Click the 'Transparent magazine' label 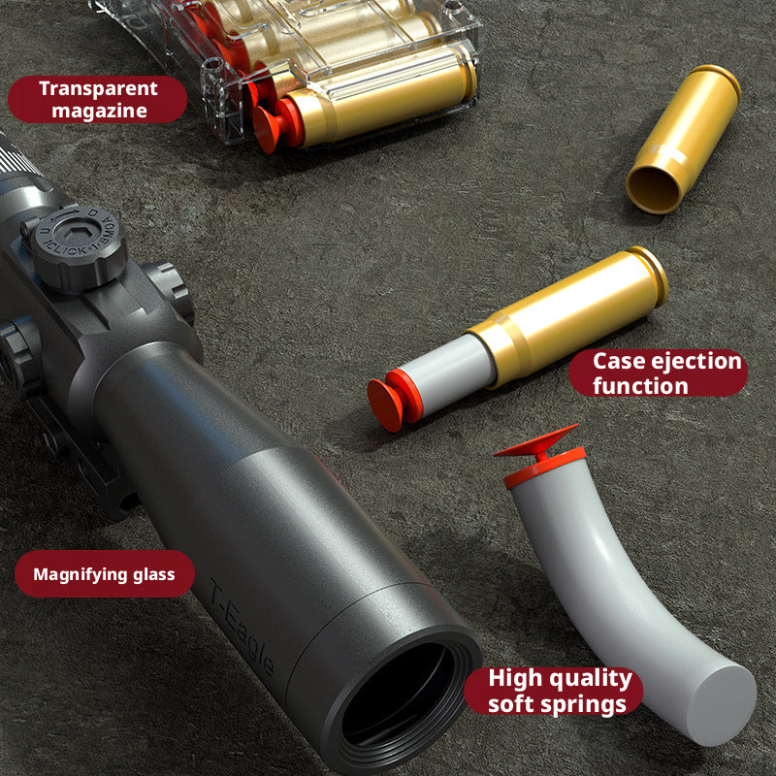coord(98,99)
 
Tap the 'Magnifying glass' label coord(105,574)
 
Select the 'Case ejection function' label coord(659,373)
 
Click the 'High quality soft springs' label coord(553,691)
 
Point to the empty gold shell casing coord(683,139)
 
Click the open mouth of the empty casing coord(654,190)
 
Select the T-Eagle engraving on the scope coord(242,627)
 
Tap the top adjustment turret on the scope coord(78,247)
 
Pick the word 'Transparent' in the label coord(99,88)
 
